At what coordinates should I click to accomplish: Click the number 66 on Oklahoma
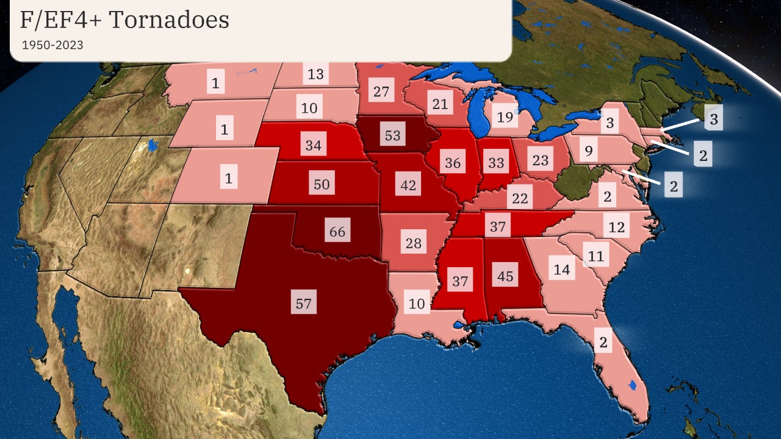tap(337, 232)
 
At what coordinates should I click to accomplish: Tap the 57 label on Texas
tap(304, 303)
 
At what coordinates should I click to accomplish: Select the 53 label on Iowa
tap(392, 135)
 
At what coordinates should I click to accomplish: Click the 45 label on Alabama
tap(505, 276)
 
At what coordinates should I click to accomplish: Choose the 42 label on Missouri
tap(408, 185)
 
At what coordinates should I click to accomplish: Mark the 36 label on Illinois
tap(453, 163)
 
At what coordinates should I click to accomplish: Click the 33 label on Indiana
tap(496, 163)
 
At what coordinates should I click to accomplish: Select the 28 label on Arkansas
tap(414, 243)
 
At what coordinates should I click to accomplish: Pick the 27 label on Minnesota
tap(381, 92)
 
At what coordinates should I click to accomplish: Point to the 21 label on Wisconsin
tap(440, 104)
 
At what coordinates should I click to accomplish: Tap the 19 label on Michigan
tap(505, 117)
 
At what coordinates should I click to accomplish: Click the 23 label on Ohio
tap(541, 161)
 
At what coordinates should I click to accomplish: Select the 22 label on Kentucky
tap(519, 198)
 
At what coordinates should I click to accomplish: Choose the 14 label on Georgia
tap(561, 269)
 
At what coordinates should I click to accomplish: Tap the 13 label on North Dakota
tap(315, 74)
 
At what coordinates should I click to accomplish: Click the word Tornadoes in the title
tap(168, 20)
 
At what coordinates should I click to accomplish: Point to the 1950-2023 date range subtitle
tap(52, 45)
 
